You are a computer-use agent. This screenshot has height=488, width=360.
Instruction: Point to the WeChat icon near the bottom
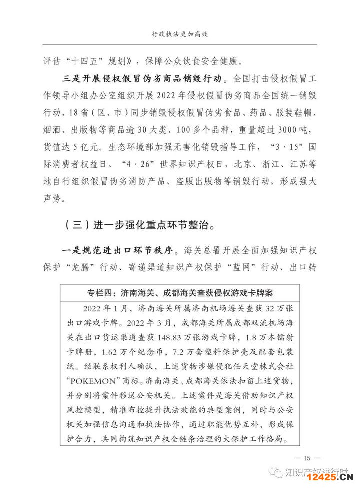point(275,472)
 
